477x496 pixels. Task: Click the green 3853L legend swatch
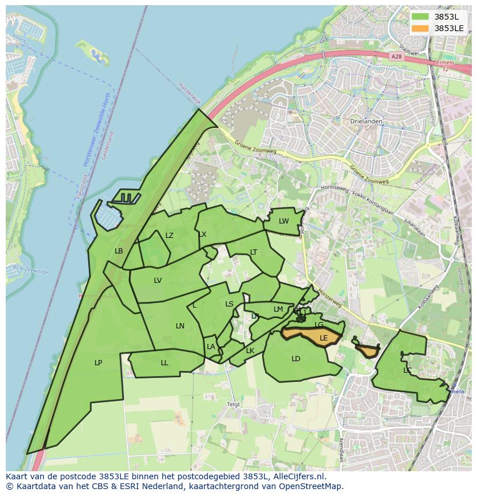click(x=421, y=17)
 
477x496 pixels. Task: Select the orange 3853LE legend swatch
click(x=421, y=28)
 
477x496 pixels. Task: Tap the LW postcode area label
click(x=283, y=221)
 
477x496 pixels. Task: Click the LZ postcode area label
click(x=169, y=236)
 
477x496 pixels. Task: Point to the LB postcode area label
click(x=119, y=251)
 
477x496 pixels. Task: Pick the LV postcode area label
click(x=158, y=281)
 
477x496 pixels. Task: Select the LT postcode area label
click(x=253, y=252)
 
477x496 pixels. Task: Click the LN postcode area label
click(x=180, y=326)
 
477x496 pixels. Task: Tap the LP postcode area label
click(x=99, y=363)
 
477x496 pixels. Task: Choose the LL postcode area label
click(x=164, y=363)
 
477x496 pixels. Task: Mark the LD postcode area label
click(x=296, y=359)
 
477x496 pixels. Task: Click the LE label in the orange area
click(x=323, y=338)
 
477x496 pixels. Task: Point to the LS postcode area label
click(x=229, y=304)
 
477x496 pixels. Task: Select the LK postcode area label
click(x=250, y=351)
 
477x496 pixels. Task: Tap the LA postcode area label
click(x=211, y=347)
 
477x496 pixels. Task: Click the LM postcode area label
click(x=278, y=309)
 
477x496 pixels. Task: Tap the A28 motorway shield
click(x=395, y=56)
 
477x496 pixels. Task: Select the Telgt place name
click(x=233, y=404)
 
